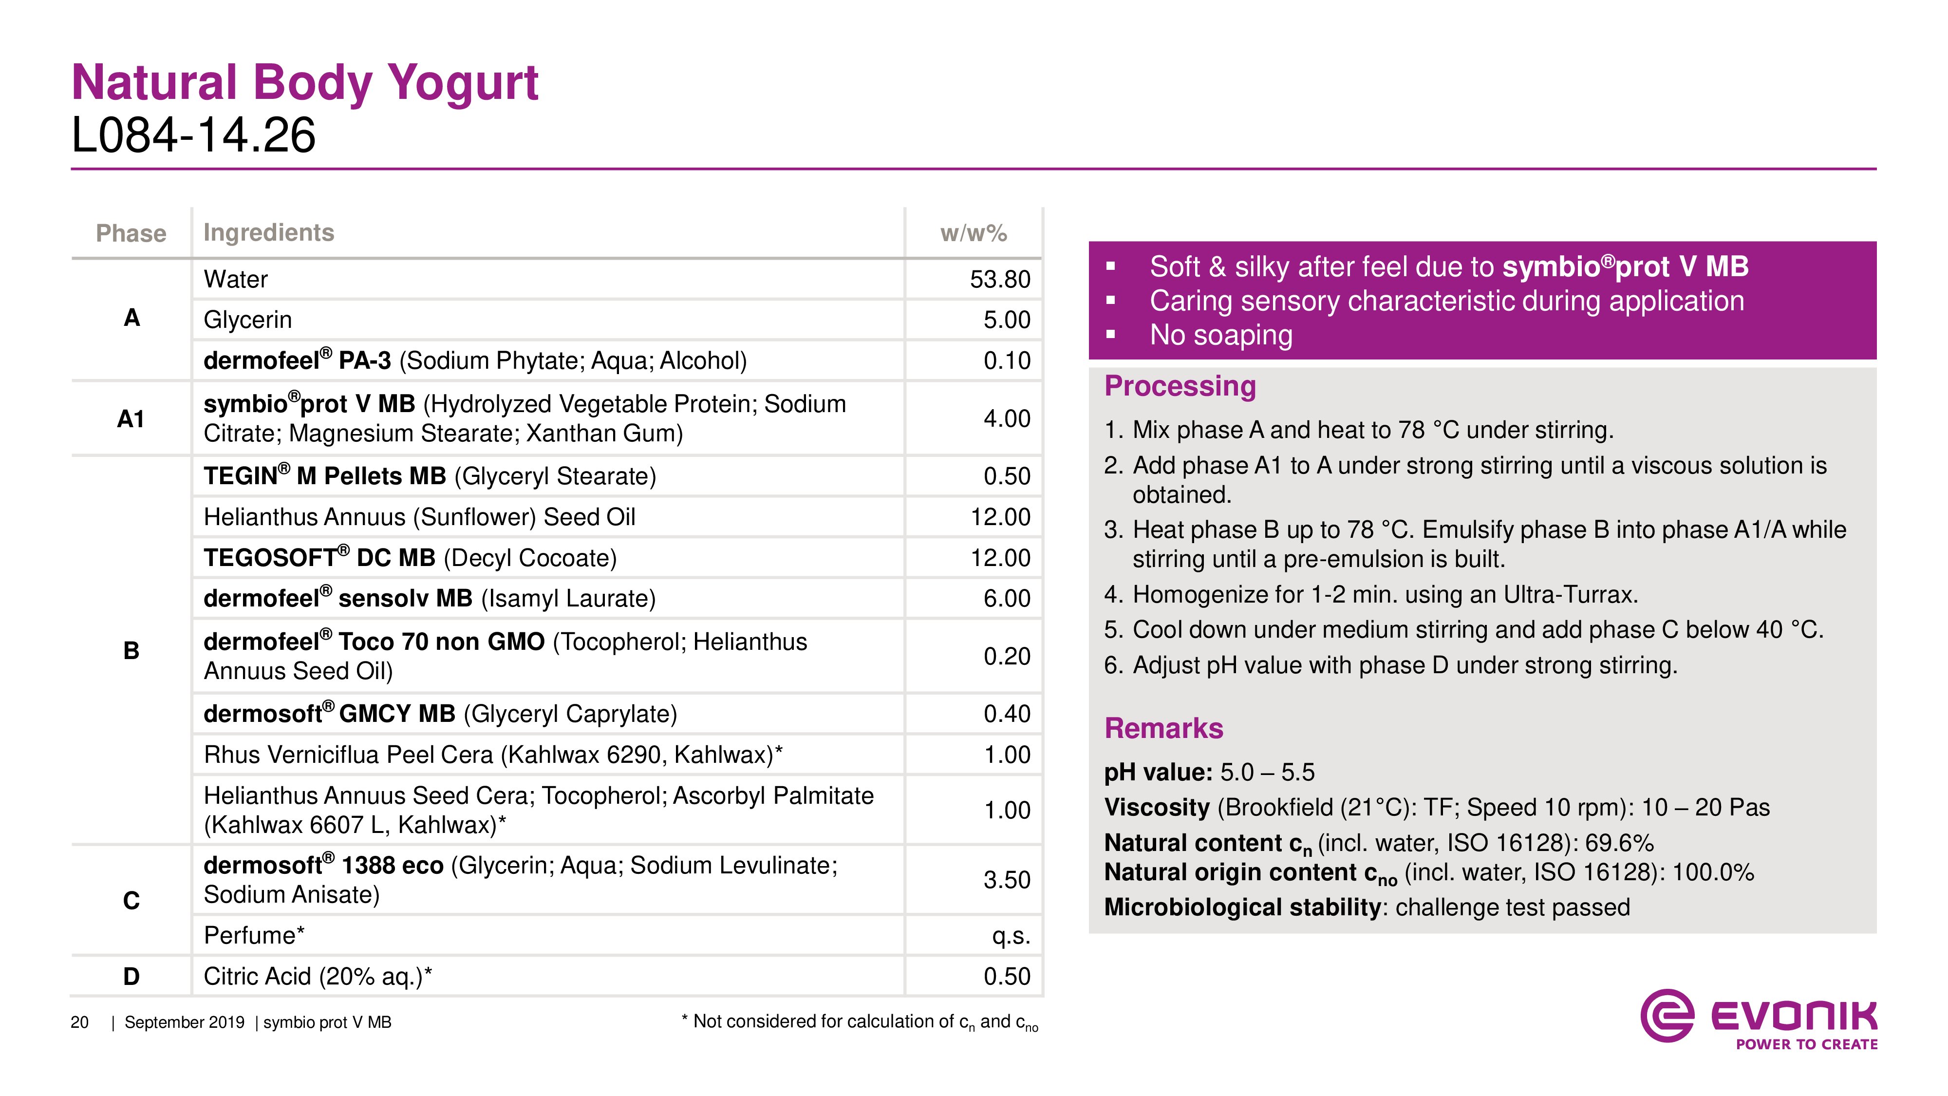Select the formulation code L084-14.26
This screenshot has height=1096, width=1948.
194,136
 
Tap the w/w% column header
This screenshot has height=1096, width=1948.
973,233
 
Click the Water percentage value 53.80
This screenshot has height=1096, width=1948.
1000,279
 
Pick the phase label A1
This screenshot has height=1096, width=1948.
131,418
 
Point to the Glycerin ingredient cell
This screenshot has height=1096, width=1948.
247,320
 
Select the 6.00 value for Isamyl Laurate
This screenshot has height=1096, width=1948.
1007,598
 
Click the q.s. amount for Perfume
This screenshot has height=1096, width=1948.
1011,936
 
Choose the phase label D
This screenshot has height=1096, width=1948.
131,977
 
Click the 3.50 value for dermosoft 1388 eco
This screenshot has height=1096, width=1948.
1007,880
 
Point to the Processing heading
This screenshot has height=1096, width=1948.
1180,386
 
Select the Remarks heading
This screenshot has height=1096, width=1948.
1163,728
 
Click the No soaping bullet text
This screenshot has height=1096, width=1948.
1220,335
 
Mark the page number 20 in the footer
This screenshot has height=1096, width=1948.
79,1022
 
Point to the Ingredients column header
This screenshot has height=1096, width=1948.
268,233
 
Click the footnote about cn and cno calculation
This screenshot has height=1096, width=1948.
860,1022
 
